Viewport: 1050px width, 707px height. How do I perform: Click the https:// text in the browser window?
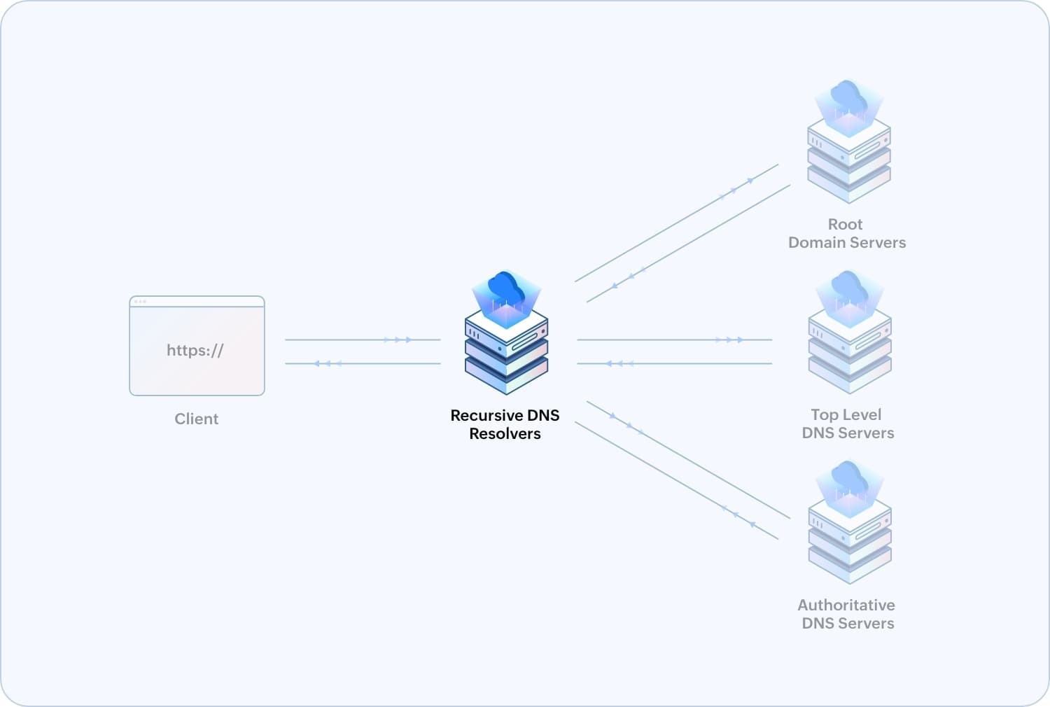[x=195, y=350]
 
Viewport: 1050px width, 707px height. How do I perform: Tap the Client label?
[x=196, y=419]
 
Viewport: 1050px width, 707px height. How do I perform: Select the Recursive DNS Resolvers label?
[x=505, y=424]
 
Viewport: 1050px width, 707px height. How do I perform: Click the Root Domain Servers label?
[x=846, y=233]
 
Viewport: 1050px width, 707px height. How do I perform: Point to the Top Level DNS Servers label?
[x=847, y=423]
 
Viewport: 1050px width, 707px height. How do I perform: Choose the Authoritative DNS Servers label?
[x=847, y=614]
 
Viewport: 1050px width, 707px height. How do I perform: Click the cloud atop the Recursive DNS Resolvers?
[x=506, y=288]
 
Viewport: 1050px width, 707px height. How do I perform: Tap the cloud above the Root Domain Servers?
[x=848, y=96]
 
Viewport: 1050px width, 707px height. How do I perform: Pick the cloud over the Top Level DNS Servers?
[x=849, y=287]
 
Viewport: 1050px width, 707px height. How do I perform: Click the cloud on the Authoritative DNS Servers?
[x=849, y=477]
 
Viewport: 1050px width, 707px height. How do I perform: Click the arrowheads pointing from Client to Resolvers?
[x=398, y=340]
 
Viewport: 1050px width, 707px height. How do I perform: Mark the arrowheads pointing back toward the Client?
[x=327, y=364]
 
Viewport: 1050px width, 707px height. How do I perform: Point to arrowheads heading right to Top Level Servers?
[x=729, y=340]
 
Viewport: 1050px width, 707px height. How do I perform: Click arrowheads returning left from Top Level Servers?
[x=619, y=364]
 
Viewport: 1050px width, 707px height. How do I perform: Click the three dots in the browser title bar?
[x=140, y=302]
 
